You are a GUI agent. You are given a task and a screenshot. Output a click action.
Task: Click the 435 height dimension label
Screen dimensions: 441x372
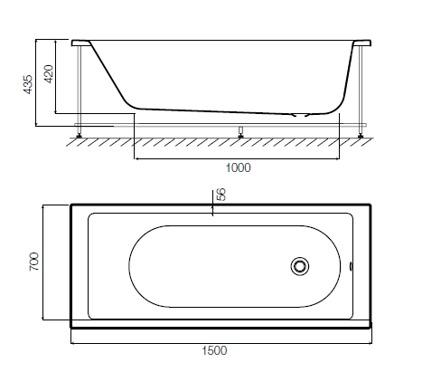28,84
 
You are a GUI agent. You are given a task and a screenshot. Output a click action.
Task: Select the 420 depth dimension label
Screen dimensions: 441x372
49,74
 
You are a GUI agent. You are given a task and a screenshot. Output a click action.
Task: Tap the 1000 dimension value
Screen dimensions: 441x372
238,167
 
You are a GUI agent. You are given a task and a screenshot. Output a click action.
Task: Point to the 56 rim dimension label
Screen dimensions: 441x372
221,195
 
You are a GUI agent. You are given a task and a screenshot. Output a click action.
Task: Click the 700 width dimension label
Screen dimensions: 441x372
34,262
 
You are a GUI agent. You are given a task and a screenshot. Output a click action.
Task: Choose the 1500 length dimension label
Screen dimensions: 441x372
214,350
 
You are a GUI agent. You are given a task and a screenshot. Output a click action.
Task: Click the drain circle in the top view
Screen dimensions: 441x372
300,266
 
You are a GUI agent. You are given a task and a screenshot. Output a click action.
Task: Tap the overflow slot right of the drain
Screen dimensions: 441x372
351,266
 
